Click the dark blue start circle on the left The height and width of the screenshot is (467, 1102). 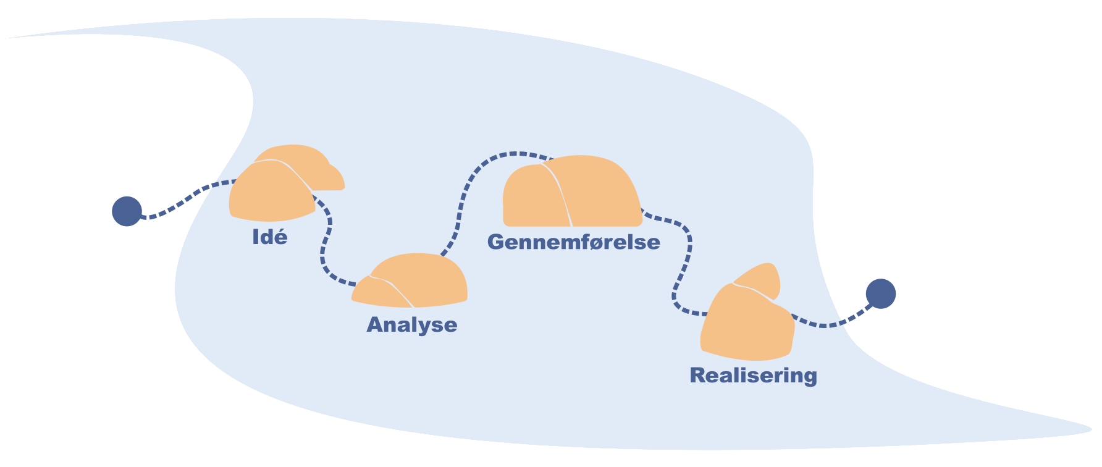click(x=127, y=211)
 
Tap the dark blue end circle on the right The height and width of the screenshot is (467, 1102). click(x=880, y=293)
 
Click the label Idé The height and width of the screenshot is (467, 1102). click(x=270, y=237)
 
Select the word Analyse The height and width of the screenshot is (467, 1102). click(x=412, y=325)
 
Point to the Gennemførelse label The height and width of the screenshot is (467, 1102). click(x=574, y=242)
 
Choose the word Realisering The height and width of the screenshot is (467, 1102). click(x=753, y=376)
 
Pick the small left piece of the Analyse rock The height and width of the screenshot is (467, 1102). click(x=377, y=293)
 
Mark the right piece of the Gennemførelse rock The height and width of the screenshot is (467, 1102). click(x=599, y=191)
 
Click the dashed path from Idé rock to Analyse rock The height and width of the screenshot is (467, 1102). click(x=324, y=247)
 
